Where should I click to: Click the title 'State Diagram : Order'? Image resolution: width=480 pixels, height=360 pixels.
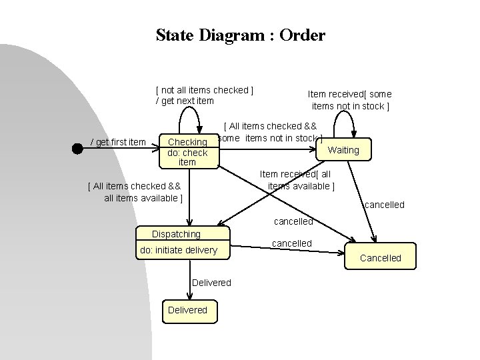240,35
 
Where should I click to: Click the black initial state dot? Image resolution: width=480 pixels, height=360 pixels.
77,149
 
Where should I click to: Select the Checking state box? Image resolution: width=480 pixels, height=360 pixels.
188,151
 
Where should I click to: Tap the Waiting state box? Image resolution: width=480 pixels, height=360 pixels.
343,150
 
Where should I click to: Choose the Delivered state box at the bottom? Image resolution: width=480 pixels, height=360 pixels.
187,310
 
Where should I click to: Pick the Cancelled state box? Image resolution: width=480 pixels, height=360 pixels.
381,257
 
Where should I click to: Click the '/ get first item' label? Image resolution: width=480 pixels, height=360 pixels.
118,142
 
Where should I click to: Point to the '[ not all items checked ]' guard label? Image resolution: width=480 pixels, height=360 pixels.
204,90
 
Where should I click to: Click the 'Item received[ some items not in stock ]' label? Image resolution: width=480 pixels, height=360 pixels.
350,100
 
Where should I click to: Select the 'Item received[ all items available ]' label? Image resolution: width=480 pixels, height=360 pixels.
301,180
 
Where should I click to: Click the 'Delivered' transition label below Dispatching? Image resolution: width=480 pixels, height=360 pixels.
211,283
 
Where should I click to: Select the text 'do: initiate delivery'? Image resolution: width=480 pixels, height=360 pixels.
178,251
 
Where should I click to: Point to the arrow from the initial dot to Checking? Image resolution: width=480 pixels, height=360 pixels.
120,149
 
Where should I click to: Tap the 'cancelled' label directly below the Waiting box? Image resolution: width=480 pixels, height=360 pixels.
384,205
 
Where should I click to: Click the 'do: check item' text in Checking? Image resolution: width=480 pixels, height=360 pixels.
187,158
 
